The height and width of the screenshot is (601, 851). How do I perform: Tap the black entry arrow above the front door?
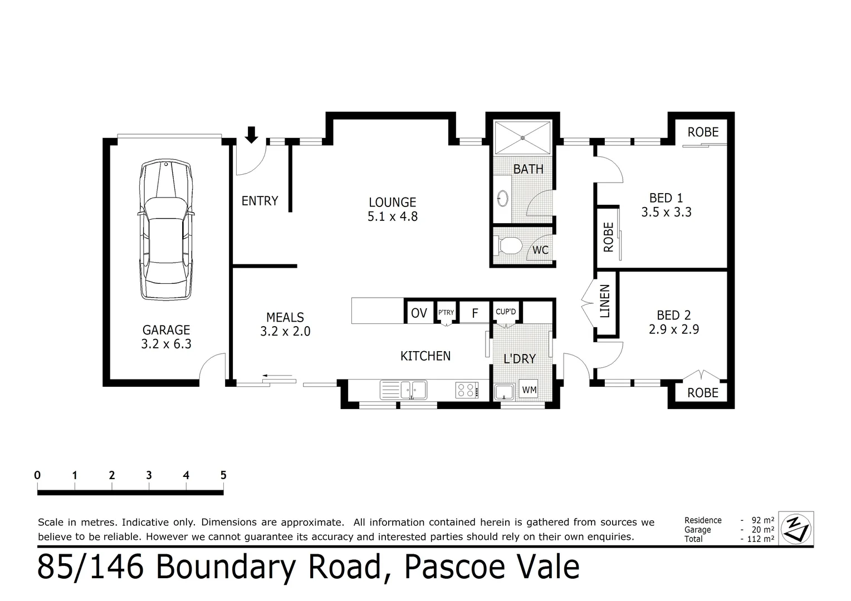point(252,134)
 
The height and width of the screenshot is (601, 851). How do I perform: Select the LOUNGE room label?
point(392,203)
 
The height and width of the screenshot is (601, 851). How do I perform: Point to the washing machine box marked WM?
point(529,390)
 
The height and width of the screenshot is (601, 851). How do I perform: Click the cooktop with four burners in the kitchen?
point(467,390)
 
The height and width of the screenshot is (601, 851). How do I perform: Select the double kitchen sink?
point(403,390)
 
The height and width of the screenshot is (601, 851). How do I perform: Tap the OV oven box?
point(418,313)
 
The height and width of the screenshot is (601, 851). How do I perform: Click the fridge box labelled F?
point(475,313)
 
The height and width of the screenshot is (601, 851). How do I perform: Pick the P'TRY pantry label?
point(446,313)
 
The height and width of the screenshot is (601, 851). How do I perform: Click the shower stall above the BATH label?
point(522,137)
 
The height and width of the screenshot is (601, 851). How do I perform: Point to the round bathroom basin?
point(502,198)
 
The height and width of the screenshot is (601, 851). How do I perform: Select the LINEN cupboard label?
point(605,301)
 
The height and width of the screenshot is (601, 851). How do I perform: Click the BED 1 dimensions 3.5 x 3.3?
point(666,212)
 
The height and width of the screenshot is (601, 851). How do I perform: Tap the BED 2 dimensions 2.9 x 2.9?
point(673,329)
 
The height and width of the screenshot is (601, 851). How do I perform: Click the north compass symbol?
point(796,528)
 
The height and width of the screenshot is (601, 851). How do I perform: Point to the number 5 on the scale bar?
point(223,475)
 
